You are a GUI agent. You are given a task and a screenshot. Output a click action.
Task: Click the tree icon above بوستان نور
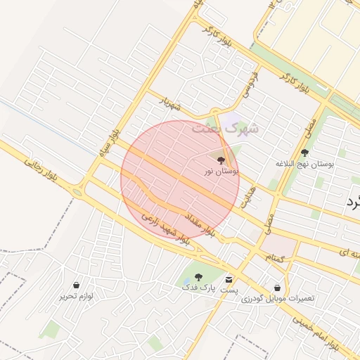[x=223, y=160]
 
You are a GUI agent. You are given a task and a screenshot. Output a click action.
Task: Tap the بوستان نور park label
[x=221, y=171]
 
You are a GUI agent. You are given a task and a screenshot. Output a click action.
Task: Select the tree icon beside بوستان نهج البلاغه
[x=304, y=153]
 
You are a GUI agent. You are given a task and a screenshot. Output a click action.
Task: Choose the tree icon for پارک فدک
[x=198, y=277]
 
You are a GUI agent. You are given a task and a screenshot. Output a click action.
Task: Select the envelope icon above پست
[x=229, y=279]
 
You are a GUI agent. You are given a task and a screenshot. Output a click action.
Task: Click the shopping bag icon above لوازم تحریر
[x=76, y=285]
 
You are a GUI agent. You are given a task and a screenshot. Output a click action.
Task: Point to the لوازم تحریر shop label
[x=76, y=297]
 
